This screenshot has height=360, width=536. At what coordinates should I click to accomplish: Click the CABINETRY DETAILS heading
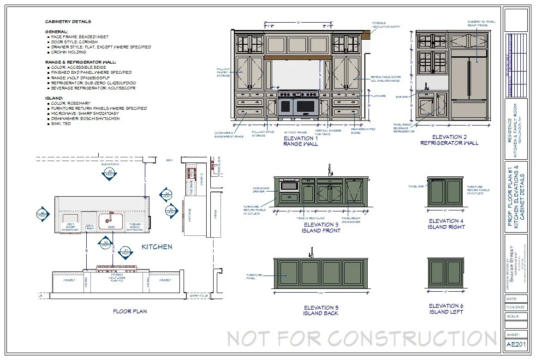click(68, 22)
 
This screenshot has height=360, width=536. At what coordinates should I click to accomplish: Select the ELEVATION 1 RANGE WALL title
click(300, 141)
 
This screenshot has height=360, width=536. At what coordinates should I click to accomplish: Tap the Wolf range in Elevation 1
click(298, 105)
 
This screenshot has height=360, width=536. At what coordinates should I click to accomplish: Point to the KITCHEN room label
click(157, 247)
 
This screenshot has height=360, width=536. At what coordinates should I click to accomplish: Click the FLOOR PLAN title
click(130, 312)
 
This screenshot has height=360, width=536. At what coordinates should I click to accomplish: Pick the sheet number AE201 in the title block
click(516, 344)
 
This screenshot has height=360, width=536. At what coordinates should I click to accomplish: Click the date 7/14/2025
click(516, 307)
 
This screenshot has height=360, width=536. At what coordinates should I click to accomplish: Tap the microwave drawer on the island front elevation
click(289, 186)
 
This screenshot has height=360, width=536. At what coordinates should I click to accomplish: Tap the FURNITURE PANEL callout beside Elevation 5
click(254, 276)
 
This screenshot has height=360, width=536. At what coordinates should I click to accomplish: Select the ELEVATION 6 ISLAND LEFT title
click(446, 309)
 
